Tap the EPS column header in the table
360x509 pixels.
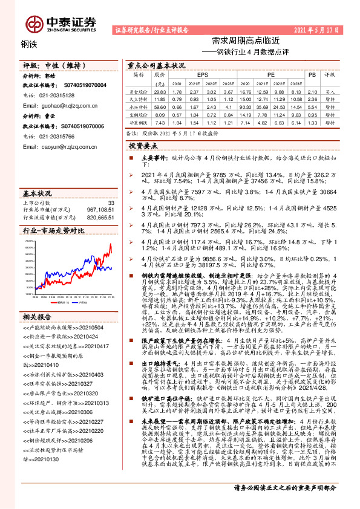pyautogui.click(x=201, y=75)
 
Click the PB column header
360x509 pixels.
pyautogui.click(x=312, y=75)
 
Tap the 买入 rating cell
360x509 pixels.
pyautogui.click(x=330, y=91)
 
